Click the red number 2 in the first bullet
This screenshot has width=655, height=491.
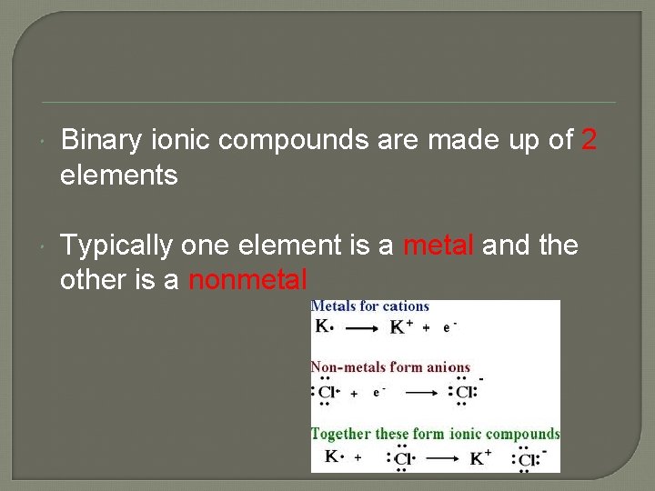589,140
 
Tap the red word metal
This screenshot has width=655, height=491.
439,245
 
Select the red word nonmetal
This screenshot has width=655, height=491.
247,280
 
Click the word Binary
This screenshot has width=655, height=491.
99,141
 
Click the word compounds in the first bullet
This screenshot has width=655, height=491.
294,142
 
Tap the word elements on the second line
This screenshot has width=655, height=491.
118,175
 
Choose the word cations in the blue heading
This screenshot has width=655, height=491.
405,306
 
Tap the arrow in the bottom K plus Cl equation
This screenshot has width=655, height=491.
442,459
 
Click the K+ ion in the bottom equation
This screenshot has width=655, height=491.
480,457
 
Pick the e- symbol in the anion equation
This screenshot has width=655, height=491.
378,393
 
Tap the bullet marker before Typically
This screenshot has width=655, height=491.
45,246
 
